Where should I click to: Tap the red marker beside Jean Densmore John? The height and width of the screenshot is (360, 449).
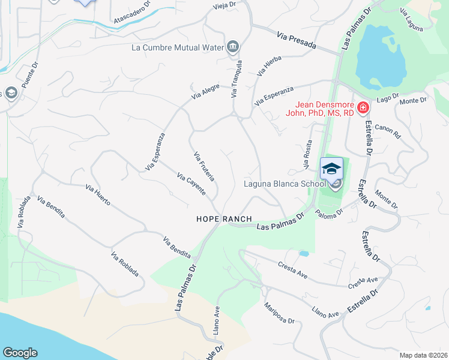363,108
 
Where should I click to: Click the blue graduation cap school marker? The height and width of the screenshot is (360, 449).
331,169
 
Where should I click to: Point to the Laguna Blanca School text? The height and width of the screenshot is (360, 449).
285,184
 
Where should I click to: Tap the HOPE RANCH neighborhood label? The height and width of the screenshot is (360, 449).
223,220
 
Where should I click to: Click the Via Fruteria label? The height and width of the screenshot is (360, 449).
204,167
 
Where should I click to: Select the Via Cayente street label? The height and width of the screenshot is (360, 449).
191,184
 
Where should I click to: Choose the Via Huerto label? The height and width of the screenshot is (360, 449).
98,196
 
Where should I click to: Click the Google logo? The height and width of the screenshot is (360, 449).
20,353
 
